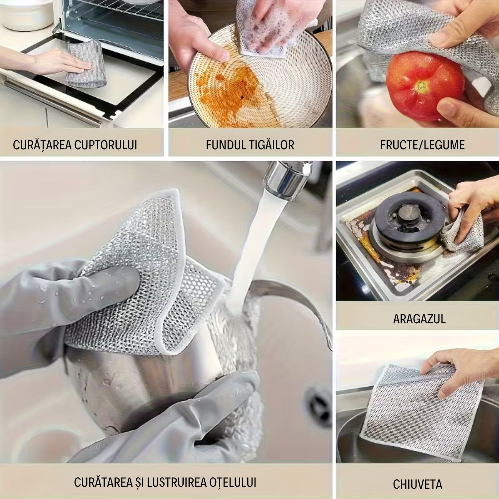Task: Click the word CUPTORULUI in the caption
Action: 105,145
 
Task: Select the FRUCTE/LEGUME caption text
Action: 422,145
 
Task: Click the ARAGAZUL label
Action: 419,319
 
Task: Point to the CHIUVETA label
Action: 417,484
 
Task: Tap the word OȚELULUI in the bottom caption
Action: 233,482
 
